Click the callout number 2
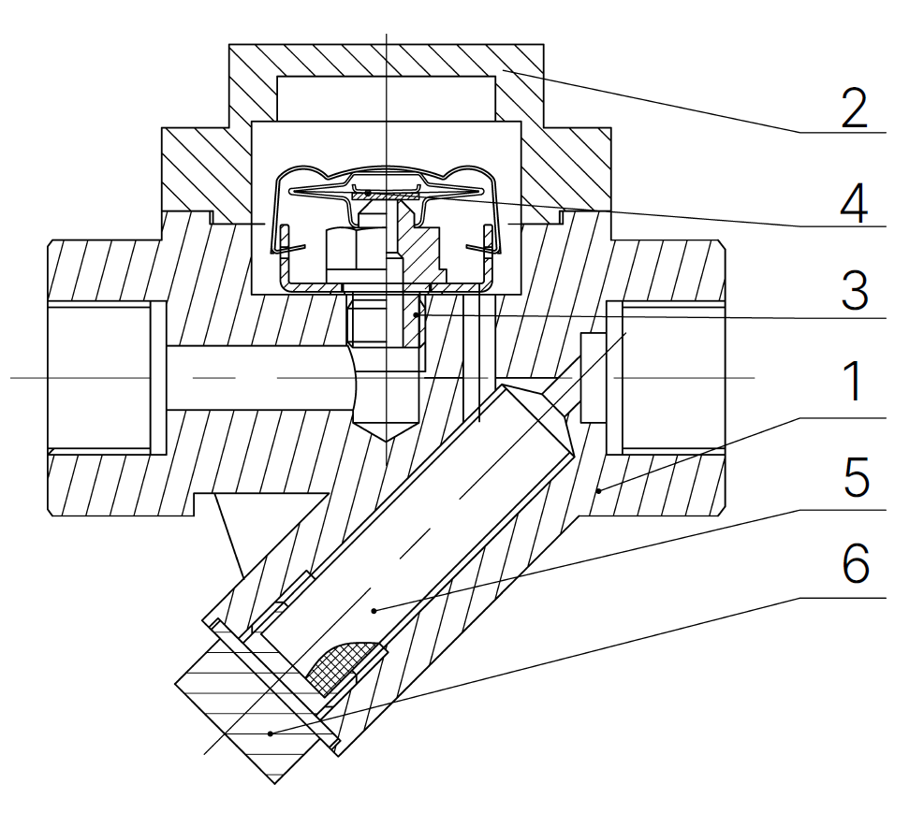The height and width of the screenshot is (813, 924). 854,109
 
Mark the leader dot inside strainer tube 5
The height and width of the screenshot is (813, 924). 374,610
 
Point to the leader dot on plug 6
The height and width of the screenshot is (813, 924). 270,733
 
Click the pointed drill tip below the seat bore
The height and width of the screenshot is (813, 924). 386,431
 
